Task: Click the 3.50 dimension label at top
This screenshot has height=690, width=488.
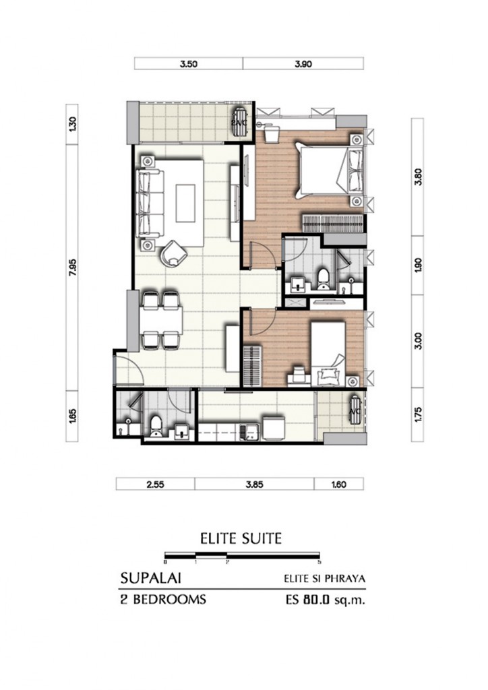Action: (x=189, y=65)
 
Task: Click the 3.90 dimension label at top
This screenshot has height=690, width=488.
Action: (x=303, y=65)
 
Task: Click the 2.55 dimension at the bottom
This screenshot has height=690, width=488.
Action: (x=155, y=484)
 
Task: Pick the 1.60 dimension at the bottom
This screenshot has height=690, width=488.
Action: (x=338, y=484)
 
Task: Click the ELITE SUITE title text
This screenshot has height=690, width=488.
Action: (x=241, y=538)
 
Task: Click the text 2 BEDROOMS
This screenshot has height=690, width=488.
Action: (x=162, y=599)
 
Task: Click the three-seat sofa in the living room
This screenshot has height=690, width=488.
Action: (x=150, y=200)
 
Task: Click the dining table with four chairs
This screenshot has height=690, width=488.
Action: (x=162, y=321)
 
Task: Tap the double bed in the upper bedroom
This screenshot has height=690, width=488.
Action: (x=330, y=168)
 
